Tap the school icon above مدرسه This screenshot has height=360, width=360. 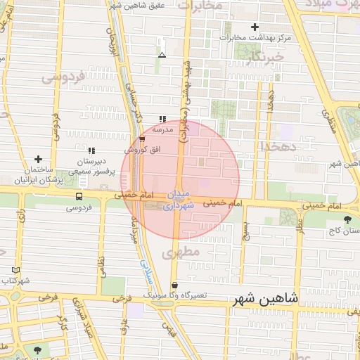(162, 119)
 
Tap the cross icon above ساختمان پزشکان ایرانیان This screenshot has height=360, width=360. (38, 160)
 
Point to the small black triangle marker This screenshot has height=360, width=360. (162, 54)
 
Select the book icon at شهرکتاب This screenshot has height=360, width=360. (16, 269)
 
